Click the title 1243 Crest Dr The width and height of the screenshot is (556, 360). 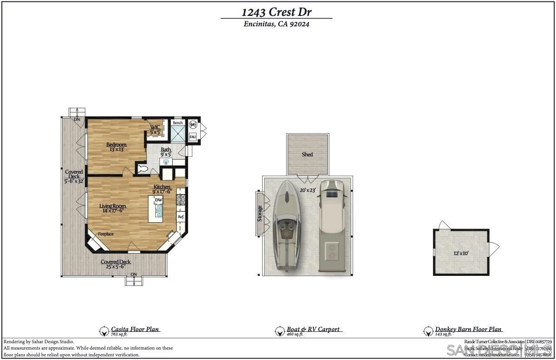click(276, 12)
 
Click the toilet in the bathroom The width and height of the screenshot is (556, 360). click(143, 169)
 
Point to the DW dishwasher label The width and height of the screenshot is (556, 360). click(159, 200)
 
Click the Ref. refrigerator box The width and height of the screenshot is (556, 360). click(181, 217)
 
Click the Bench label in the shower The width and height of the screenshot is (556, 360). click(178, 123)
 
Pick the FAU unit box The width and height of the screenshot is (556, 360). click(193, 136)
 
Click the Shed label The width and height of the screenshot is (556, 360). click(308, 155)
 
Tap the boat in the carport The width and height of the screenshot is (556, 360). click(286, 225)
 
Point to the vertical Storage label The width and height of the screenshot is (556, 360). click(260, 214)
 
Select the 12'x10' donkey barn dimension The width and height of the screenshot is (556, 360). click(461, 253)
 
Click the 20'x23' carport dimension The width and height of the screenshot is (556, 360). click(308, 190)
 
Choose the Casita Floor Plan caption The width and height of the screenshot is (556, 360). click(135, 329)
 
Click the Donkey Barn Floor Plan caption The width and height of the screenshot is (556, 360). click(468, 329)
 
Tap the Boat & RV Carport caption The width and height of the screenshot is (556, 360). click(313, 329)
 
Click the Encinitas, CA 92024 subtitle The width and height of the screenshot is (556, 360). click(276, 25)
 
